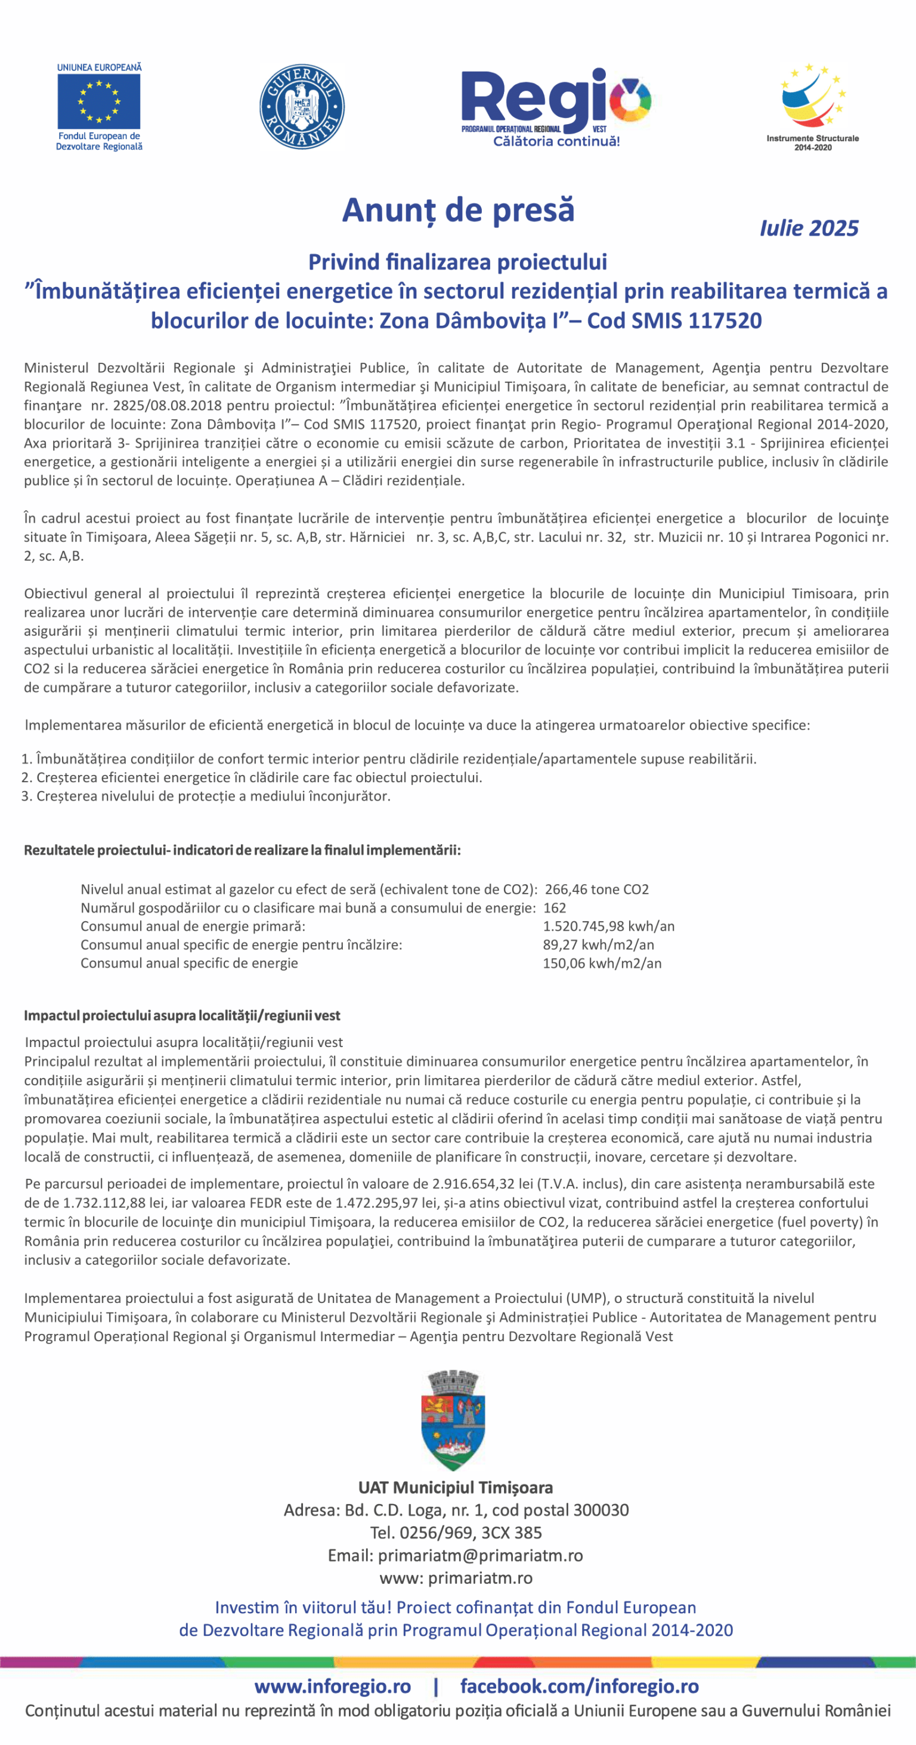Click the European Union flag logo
pyautogui.click(x=99, y=101)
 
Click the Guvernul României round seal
pyautogui.click(x=302, y=106)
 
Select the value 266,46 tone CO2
pyautogui.click(x=596, y=889)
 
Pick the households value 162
pyautogui.click(x=555, y=908)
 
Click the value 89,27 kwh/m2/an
pyautogui.click(x=598, y=944)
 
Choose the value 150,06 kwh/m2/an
pyautogui.click(x=602, y=963)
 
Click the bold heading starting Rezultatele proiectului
pyautogui.click(x=242, y=850)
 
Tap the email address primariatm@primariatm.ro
pyautogui.click(x=480, y=1555)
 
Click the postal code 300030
pyautogui.click(x=601, y=1510)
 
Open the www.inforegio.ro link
pyautogui.click(x=332, y=1685)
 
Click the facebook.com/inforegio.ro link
pyautogui.click(x=579, y=1685)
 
